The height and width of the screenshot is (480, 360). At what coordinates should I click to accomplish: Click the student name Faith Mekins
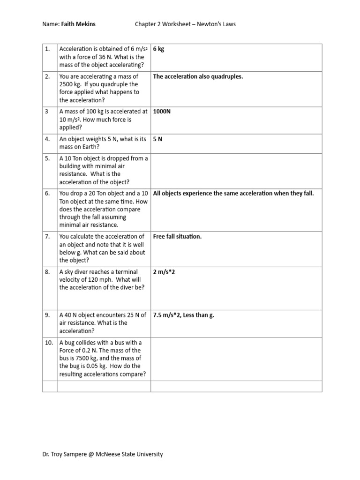pos(78,24)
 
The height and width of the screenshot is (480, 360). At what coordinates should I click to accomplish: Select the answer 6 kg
pos(158,49)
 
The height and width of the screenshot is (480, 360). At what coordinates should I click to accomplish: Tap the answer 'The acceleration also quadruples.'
pos(198,76)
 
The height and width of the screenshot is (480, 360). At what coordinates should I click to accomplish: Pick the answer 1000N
pos(162,112)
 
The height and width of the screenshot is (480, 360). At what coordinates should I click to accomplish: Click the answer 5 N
pos(157,139)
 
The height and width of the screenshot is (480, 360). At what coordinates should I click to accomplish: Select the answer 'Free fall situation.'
pos(177,237)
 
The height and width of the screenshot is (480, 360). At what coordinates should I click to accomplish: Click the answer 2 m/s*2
pos(164,272)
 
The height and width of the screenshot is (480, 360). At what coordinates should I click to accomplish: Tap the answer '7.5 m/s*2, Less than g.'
pos(183,315)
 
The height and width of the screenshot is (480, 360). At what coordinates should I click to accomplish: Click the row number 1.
pos(47,49)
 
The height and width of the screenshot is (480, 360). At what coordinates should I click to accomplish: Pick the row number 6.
pos(47,194)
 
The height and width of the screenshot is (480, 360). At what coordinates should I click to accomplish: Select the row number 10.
pos(49,343)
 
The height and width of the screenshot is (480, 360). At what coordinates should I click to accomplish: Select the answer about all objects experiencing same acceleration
pos(233,194)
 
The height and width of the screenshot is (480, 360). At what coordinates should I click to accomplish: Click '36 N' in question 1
pos(99,57)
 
